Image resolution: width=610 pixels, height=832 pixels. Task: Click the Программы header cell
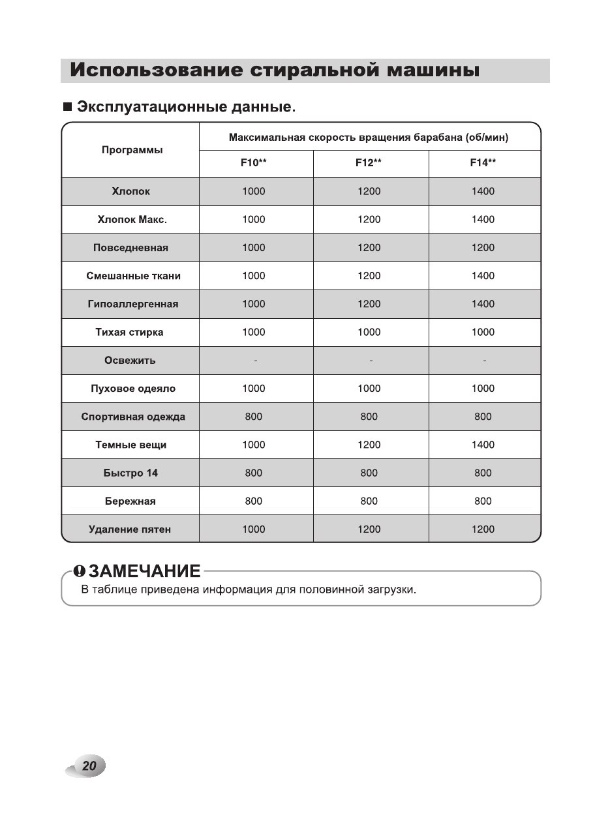point(132,150)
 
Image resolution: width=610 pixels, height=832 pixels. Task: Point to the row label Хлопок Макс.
point(132,220)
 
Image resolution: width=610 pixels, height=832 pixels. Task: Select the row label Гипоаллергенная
point(132,304)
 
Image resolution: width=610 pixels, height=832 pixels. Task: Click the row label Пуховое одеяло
point(132,389)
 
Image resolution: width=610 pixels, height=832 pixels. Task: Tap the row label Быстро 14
point(130,473)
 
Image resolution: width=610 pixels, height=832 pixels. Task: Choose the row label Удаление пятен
point(130,529)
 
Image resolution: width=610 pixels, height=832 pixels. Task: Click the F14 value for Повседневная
point(483,248)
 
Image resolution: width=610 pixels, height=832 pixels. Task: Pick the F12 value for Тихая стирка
point(369,332)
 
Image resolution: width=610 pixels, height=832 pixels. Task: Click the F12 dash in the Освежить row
point(370,361)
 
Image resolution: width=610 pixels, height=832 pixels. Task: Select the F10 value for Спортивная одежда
point(254,417)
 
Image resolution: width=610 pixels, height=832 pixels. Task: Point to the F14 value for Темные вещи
point(483,445)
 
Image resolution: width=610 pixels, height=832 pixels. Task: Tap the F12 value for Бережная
point(369,501)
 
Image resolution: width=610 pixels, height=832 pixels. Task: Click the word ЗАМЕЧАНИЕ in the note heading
point(144,571)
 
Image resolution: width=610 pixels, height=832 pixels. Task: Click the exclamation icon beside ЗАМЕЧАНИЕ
point(79,571)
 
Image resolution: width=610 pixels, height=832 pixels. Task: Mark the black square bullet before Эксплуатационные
point(67,106)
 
